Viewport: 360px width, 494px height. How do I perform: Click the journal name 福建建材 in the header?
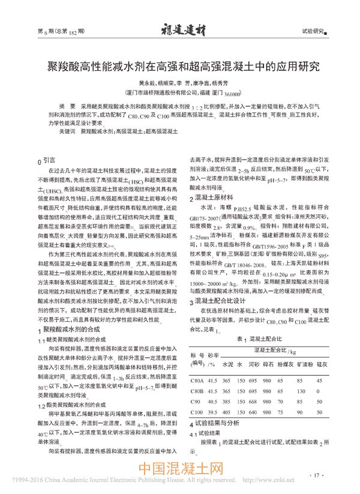(x=180, y=28)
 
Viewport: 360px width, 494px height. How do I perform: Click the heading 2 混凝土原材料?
(x=210, y=197)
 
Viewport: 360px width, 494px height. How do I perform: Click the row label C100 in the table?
(x=196, y=412)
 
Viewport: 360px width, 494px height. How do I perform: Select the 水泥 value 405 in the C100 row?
(x=227, y=412)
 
